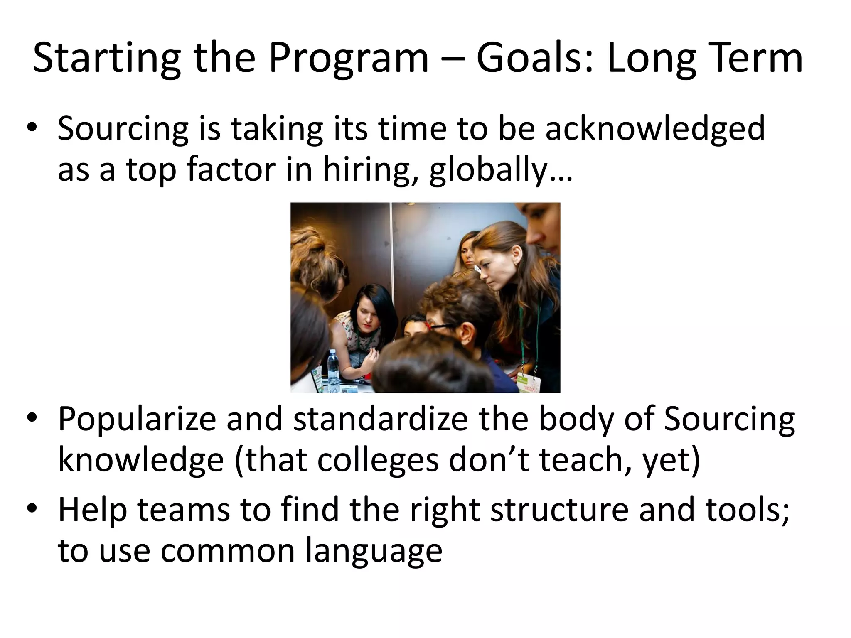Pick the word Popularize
tap(137, 420)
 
